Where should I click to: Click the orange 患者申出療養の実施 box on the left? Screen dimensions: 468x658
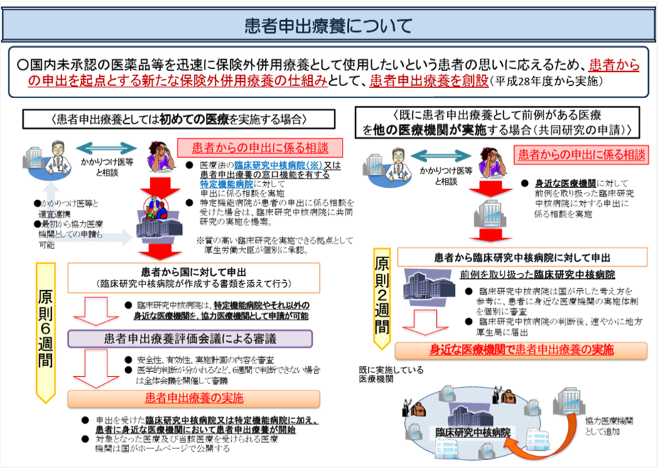tap(194, 398)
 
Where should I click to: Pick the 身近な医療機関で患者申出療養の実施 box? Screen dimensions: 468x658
tap(522, 350)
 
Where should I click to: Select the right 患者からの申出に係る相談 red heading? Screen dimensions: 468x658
tap(583, 154)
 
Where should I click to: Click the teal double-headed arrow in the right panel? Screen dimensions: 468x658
tap(446, 151)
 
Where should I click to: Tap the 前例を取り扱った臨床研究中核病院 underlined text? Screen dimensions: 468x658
tap(537, 274)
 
